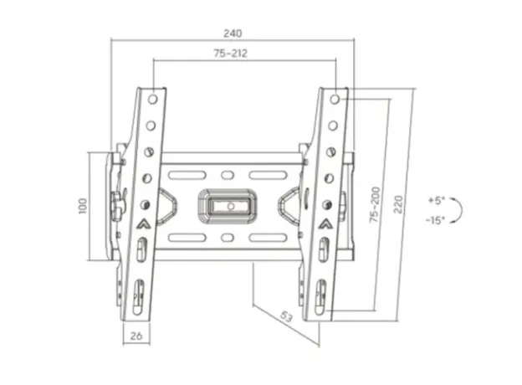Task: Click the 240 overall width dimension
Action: pos(232,33)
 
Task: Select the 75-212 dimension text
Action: pos(230,54)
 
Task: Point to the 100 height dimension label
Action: pos(82,206)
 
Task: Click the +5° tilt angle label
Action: pos(437,201)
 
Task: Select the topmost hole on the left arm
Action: pos(153,99)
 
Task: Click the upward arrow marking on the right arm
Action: pos(325,223)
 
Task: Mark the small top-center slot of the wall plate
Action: pos(228,176)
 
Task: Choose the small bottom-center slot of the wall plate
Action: pos(228,238)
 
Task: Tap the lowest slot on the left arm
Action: pos(140,294)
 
